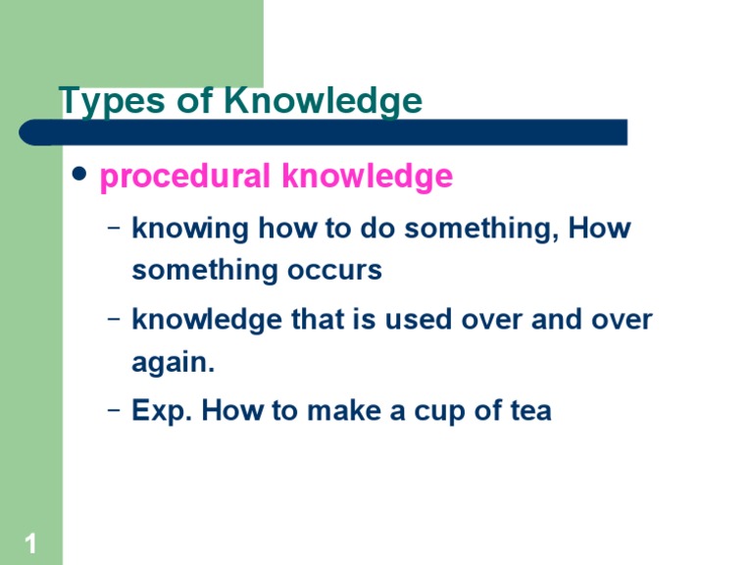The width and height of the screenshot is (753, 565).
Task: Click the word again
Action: click(173, 363)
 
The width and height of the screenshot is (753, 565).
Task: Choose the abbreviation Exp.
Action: click(163, 411)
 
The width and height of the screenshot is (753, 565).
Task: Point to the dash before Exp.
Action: click(115, 410)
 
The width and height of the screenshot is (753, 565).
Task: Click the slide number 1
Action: click(30, 543)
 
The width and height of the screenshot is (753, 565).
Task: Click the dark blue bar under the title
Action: click(324, 132)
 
